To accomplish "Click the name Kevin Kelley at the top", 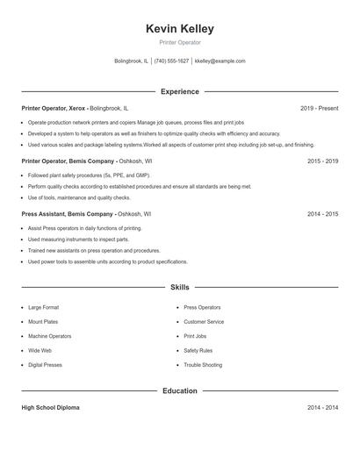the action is point(180,29).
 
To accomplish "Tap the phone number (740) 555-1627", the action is point(171,61).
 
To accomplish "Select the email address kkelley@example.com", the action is point(220,61).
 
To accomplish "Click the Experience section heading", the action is point(180,91).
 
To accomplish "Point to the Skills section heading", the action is point(180,287).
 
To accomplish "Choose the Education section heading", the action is point(180,390).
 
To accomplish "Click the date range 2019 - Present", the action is point(319,108).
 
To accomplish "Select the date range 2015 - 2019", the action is point(323,161).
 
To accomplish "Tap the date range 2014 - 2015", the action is point(323,213).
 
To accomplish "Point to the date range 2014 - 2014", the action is point(323,408).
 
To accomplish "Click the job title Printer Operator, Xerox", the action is point(54,108).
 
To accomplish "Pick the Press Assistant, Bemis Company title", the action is point(68,213).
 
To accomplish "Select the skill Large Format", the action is point(44,308).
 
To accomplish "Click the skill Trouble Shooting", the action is point(203,365).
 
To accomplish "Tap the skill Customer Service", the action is point(204,322).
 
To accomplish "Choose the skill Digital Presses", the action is point(46,365).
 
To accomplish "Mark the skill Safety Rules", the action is point(198,351).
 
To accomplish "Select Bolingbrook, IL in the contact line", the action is point(132,61).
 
